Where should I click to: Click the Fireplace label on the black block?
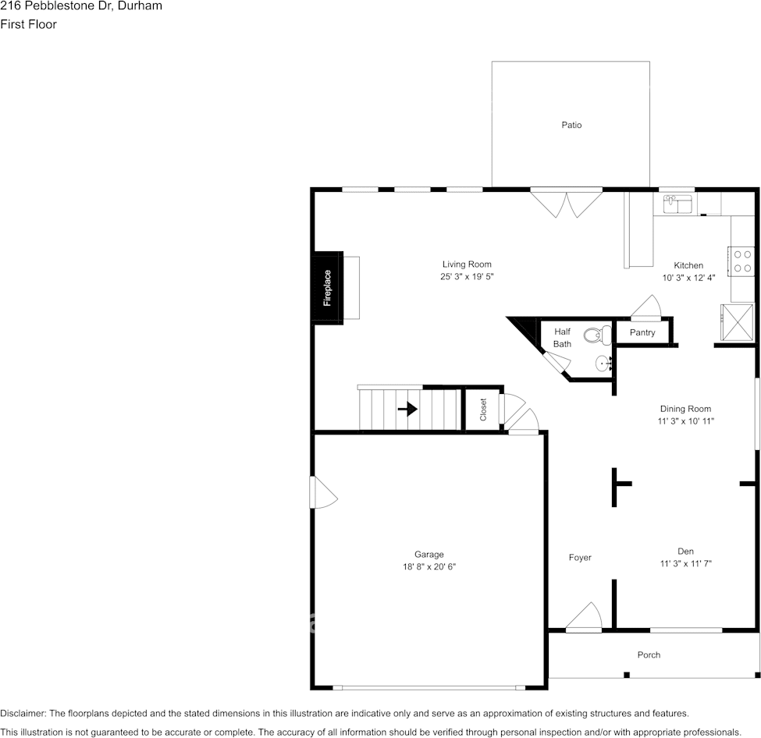click(x=328, y=287)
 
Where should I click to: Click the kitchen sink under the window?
click(x=677, y=204)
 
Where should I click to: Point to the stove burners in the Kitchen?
click(x=742, y=261)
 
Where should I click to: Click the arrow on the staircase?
click(x=407, y=409)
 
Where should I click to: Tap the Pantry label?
click(x=642, y=332)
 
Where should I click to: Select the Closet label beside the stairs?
click(x=483, y=410)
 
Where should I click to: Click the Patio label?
click(x=571, y=125)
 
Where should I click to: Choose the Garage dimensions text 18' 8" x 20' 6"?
click(x=424, y=567)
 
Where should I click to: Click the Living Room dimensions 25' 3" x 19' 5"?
click(x=467, y=277)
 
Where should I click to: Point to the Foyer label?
click(x=580, y=557)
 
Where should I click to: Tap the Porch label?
click(x=649, y=655)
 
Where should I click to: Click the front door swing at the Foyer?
click(x=584, y=617)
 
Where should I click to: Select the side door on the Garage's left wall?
click(x=322, y=493)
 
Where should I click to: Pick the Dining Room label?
click(x=685, y=409)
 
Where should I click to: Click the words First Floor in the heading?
click(x=28, y=24)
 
